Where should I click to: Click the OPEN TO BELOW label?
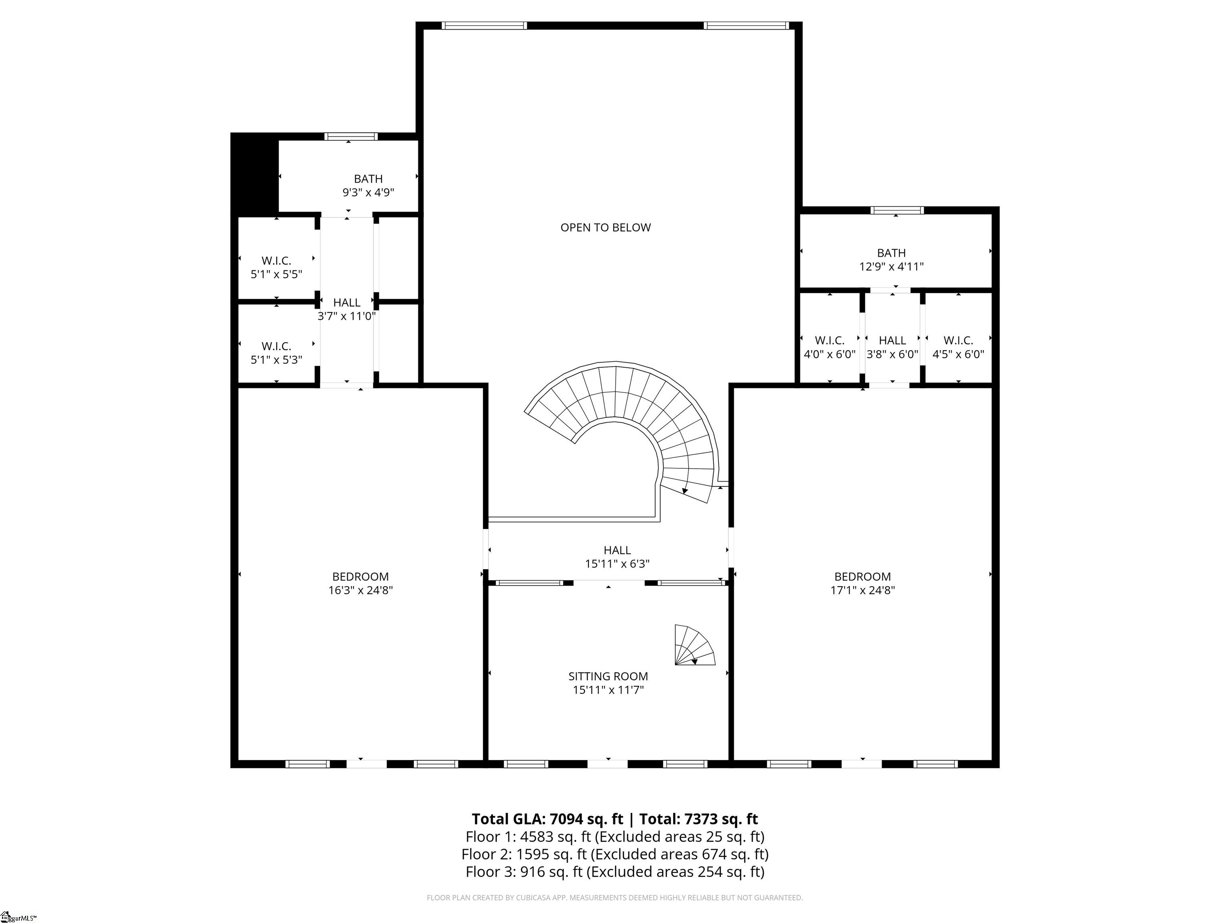click(605, 228)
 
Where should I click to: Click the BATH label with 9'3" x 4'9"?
click(368, 179)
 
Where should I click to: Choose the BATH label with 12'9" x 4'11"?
click(891, 253)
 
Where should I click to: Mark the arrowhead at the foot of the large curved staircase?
click(685, 491)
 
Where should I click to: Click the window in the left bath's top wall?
click(351, 136)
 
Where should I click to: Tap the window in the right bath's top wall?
click(896, 210)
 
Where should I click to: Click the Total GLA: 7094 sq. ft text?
click(547, 819)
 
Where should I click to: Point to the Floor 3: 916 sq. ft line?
click(615, 872)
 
